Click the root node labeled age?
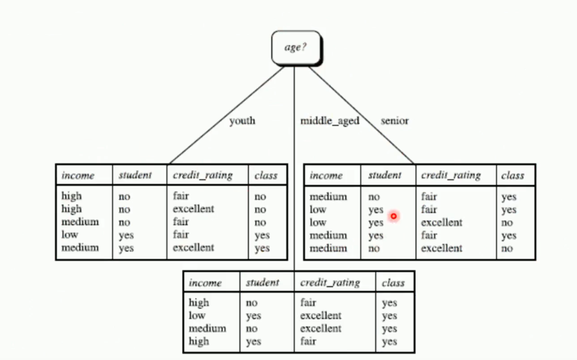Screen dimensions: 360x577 coord(296,48)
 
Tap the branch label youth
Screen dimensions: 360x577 coord(242,121)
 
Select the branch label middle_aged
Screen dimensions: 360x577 coord(330,121)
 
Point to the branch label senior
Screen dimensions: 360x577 coord(394,121)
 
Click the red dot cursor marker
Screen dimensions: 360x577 coord(394,216)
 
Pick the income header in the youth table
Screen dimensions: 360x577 coord(78,176)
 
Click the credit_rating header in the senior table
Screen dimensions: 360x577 coord(451,176)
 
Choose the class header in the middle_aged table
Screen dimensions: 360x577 coord(393,283)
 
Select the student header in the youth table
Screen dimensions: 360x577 coord(135,176)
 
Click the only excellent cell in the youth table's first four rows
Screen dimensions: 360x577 coord(193,209)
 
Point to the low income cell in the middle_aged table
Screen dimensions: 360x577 coord(197,316)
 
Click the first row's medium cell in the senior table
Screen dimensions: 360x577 coord(327,196)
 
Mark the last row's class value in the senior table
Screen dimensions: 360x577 coord(507,249)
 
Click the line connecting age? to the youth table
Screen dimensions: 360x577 coord(227,114)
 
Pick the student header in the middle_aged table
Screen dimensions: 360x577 coord(262,283)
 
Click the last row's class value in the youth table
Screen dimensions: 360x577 coord(262,248)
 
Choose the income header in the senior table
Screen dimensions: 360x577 coord(326,176)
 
